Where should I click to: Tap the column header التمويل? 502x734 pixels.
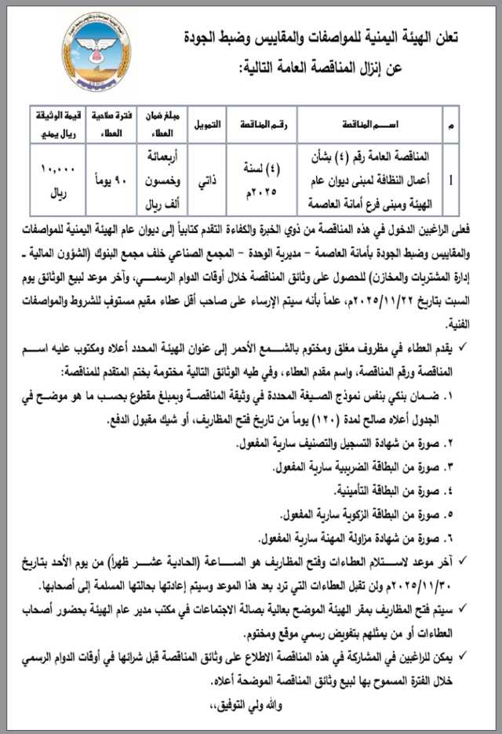(x=207, y=125)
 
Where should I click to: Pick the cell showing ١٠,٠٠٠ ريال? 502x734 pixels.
(x=53, y=180)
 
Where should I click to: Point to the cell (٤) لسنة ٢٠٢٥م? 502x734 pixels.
(x=270, y=180)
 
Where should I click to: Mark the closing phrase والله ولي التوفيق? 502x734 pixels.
(x=243, y=703)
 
